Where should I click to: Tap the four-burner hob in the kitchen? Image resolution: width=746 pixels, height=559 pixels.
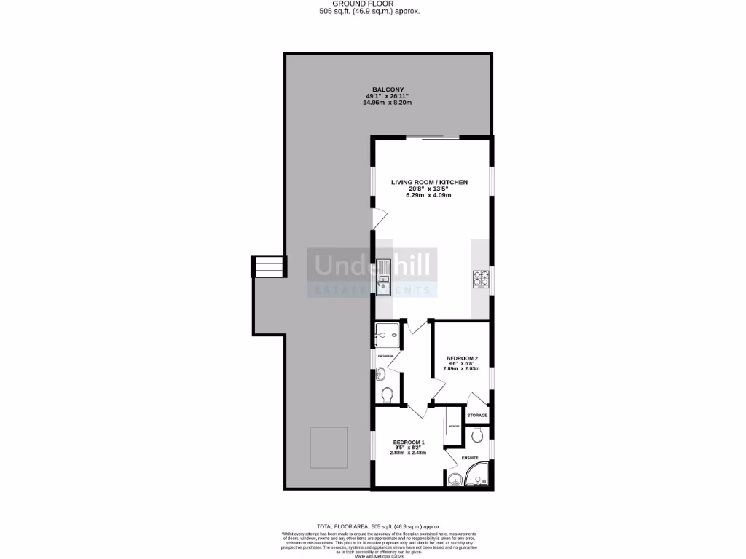[x=482, y=278]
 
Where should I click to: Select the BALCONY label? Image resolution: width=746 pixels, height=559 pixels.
[x=388, y=90]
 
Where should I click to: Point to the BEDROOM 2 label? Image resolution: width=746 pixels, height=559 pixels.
[x=462, y=358]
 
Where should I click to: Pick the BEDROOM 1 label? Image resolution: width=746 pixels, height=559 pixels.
[x=409, y=442]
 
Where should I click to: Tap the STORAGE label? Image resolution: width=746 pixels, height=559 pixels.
[x=477, y=415]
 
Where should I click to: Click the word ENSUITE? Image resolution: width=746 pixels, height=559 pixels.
[x=468, y=457]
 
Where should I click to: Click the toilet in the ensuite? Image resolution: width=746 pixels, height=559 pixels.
[x=477, y=435]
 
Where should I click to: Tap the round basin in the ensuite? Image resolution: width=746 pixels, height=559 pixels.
[x=455, y=478]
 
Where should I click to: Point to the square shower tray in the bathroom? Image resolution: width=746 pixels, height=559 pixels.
[x=385, y=335]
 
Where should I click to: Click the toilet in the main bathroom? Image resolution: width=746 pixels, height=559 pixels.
[x=387, y=395]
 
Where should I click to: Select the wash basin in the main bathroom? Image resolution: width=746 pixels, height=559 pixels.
[x=381, y=374]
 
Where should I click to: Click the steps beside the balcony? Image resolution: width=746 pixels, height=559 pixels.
[x=267, y=266]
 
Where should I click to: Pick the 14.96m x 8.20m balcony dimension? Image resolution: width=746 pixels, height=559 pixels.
[x=388, y=103]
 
